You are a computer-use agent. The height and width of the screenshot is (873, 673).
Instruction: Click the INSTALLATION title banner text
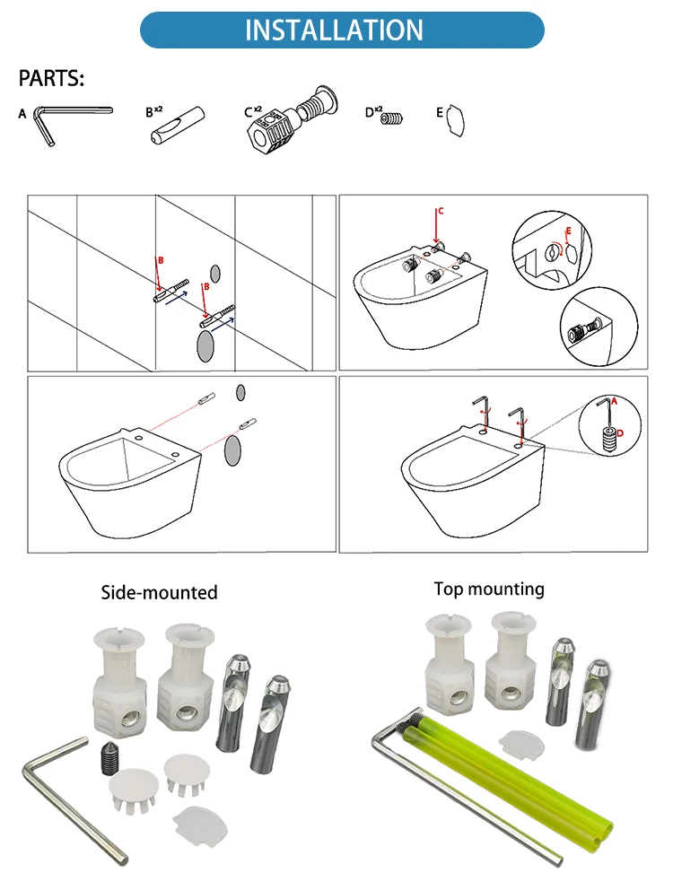coord(334,30)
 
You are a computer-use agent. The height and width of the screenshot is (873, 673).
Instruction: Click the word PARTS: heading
coord(51,80)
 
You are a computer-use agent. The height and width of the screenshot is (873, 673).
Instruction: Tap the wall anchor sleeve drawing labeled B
coord(177,125)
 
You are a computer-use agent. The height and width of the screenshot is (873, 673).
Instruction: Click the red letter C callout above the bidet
coord(439,212)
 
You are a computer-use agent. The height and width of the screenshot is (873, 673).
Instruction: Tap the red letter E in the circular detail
coord(566,231)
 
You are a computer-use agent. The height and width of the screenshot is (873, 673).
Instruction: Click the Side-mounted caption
coord(158,592)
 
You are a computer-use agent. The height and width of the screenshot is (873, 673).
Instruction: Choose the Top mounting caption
coord(489,589)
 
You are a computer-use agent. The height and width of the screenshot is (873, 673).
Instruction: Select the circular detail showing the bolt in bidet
coord(598,331)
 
